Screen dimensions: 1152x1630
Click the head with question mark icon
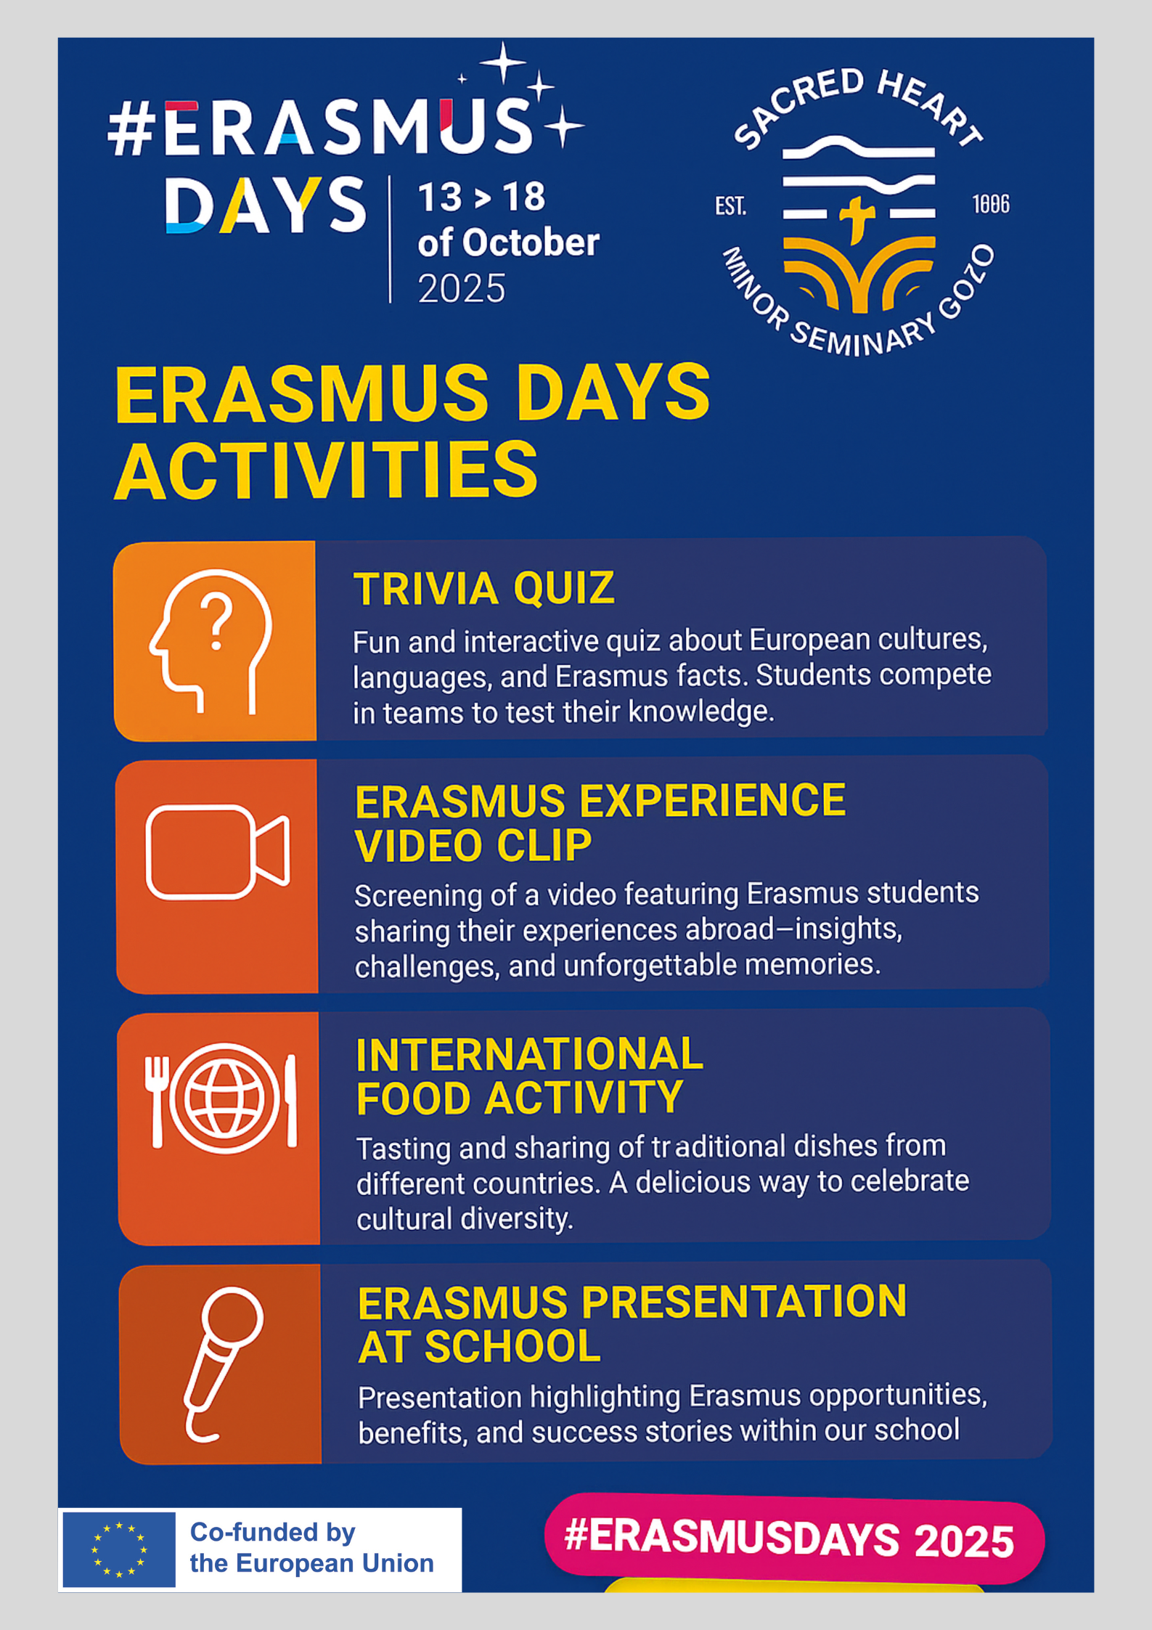(211, 640)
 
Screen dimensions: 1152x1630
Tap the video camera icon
(218, 852)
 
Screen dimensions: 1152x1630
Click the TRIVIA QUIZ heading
(484, 588)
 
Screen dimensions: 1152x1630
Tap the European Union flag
(119, 1549)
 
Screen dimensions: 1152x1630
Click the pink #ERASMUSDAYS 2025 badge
(794, 1539)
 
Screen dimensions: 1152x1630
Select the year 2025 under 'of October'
(462, 289)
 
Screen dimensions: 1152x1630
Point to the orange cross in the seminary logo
(857, 219)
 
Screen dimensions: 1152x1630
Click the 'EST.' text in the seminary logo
(730, 206)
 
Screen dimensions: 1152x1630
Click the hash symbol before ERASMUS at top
(131, 129)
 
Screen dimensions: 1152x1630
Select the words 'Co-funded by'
(273, 1532)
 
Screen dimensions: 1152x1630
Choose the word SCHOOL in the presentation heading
(512, 1347)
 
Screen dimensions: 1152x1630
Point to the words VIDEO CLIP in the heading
(473, 846)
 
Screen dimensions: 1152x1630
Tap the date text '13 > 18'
(481, 197)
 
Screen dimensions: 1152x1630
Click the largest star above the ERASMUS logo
(503, 62)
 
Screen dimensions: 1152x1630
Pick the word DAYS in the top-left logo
(266, 205)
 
